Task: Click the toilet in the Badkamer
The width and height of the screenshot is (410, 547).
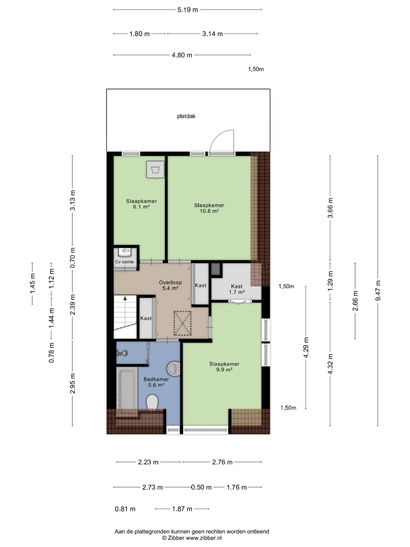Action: [x=152, y=402]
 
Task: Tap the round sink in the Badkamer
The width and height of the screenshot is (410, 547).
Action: [x=173, y=369]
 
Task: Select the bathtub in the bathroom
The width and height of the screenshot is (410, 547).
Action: [x=127, y=392]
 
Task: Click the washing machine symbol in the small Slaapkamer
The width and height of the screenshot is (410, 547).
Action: [x=155, y=170]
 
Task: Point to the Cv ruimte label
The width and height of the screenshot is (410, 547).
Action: [x=124, y=262]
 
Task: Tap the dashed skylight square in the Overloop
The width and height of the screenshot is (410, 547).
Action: [x=183, y=323]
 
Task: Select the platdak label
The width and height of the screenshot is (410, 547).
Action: [x=186, y=116]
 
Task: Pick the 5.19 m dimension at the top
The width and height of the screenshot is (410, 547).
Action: [x=188, y=10]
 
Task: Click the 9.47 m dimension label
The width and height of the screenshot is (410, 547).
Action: [x=378, y=291]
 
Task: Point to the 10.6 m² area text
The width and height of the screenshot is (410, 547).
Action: [x=209, y=211]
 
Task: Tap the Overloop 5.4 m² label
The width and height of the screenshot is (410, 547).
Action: [x=170, y=285]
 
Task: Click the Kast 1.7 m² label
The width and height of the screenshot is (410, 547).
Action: [x=237, y=289]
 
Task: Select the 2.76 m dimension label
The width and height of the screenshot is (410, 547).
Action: [x=222, y=462]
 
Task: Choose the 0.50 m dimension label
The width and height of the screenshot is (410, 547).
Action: [x=201, y=487]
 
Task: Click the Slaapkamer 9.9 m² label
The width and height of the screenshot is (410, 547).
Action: [x=224, y=367]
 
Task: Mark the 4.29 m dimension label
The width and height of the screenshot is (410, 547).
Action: [x=306, y=348]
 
